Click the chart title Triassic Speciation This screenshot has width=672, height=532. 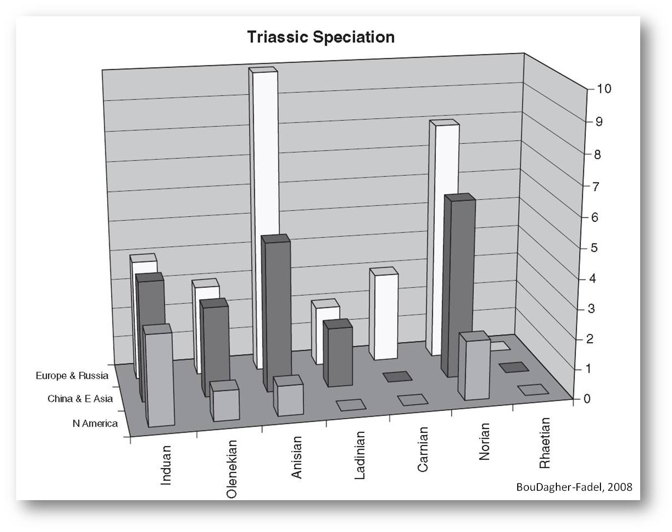coord(321,37)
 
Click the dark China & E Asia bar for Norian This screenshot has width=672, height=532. coord(458,285)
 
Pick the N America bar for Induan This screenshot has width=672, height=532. coord(159,376)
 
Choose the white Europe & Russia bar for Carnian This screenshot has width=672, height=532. coord(384,313)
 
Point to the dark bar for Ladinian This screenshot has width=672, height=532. coord(338,353)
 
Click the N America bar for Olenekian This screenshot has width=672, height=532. coord(224,401)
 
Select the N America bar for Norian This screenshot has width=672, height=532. coord(474,365)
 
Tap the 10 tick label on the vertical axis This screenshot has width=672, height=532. coord(603,89)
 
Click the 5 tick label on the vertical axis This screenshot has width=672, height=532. coord(594,248)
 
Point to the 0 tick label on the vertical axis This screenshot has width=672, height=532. coord(587,399)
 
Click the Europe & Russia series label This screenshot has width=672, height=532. coord(72,376)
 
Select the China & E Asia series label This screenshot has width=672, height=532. coord(80,399)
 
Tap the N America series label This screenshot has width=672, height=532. coord(95,423)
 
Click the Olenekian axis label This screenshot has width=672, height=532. coord(232,469)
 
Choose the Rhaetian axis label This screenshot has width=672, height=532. coord(545,443)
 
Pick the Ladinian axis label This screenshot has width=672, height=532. coord(360,455)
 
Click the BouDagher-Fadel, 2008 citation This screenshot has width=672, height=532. coord(574,487)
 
